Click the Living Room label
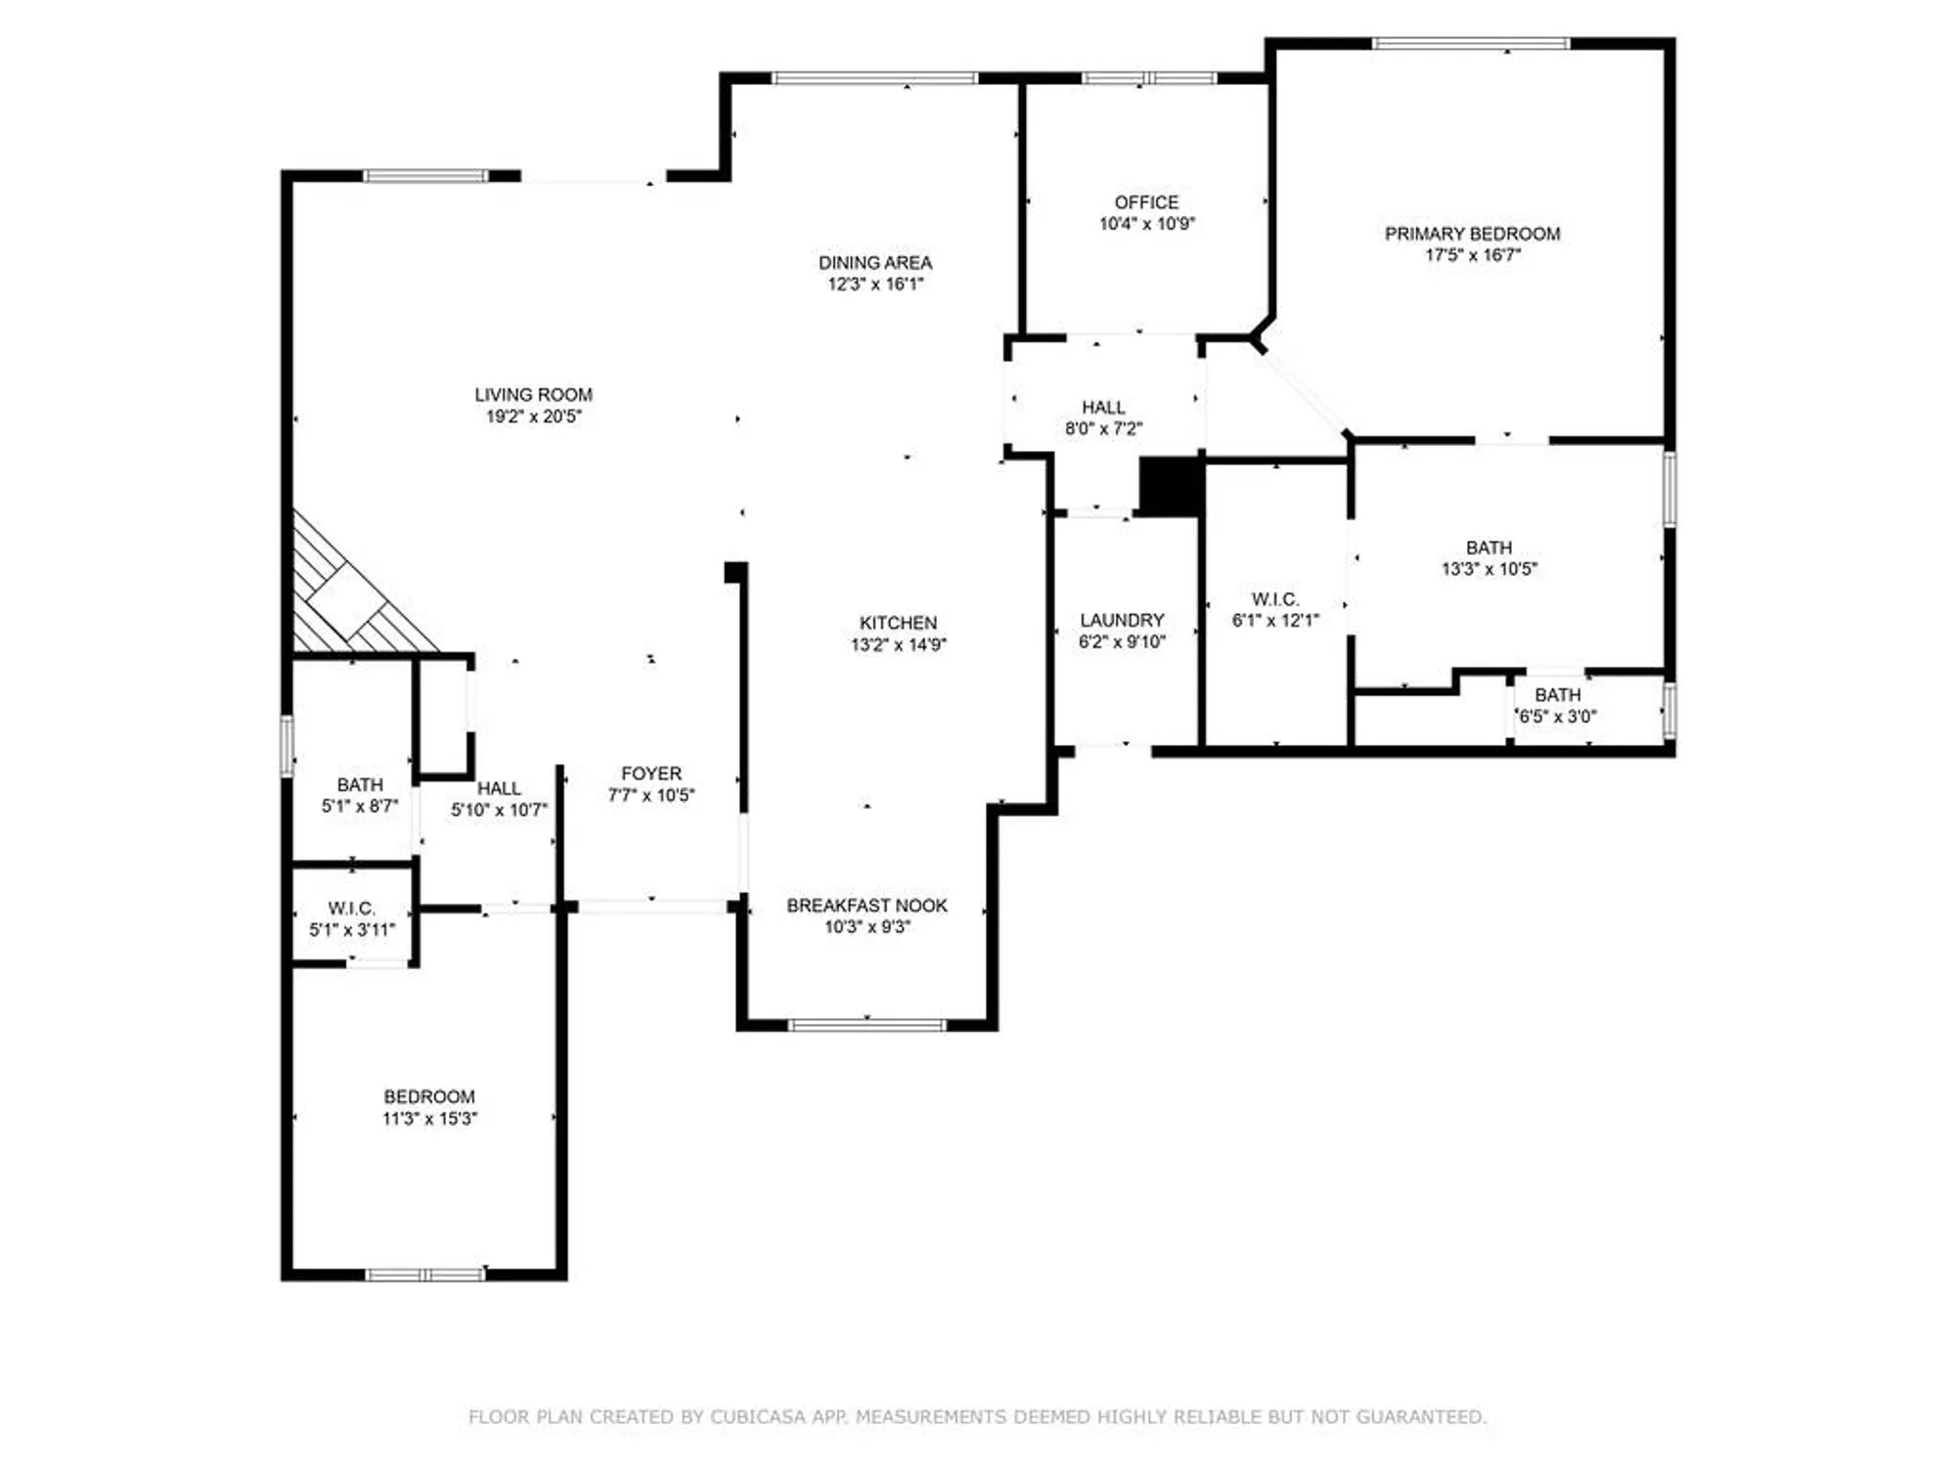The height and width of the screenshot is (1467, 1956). tap(533, 395)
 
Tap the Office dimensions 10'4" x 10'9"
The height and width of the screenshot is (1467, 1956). tap(1146, 224)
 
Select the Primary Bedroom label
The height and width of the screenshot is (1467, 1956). tap(1472, 234)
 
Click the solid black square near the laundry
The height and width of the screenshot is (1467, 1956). tap(1171, 486)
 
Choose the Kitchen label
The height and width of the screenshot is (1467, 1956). tap(898, 623)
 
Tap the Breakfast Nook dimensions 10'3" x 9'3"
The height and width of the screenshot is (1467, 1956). tap(867, 927)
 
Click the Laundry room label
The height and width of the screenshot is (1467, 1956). tap(1122, 621)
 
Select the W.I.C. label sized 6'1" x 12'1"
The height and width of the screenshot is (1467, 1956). tap(1275, 600)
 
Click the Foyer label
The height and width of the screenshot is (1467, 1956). tap(651, 774)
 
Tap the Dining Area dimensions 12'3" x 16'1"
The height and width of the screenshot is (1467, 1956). tap(874, 285)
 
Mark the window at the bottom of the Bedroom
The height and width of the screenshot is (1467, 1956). tap(425, 1274)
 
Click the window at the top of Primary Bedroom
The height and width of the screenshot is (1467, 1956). tap(1471, 43)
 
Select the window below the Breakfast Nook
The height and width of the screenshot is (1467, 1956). tap(867, 1025)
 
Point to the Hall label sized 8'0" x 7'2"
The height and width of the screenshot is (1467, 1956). tap(1103, 408)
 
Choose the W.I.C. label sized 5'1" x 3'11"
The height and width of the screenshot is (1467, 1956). tap(351, 909)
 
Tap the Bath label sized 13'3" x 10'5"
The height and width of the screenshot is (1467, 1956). tap(1489, 548)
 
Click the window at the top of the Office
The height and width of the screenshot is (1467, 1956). tap(1148, 78)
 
